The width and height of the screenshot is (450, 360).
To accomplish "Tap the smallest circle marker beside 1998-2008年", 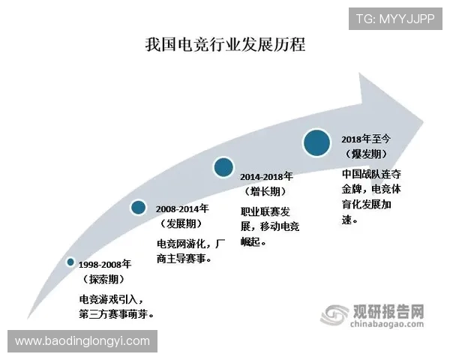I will pos(70,262).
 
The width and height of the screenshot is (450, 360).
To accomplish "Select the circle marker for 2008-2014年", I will pos(138,208).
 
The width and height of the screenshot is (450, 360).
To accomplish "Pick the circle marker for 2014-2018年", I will pos(223,167).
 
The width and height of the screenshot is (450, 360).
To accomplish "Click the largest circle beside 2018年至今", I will pos(318,142).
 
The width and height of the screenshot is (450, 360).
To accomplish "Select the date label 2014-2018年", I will pos(268,177).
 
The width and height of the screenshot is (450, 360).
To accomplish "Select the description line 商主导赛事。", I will pos(184,259).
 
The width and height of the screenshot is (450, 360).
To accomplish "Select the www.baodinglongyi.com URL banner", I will pos(82,341).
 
